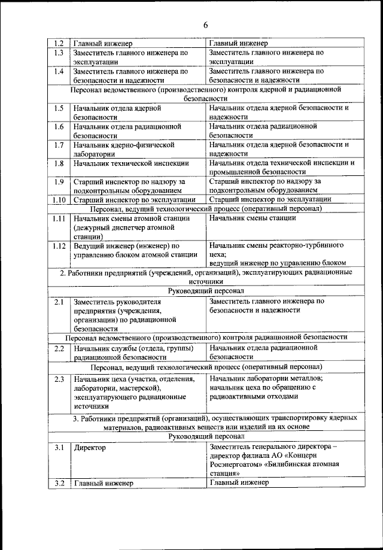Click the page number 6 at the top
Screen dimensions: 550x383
pos(205,25)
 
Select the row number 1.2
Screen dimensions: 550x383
pos(58,44)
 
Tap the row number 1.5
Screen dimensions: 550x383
pos(58,108)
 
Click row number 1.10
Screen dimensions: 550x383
pos(58,199)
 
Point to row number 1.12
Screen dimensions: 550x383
pos(58,245)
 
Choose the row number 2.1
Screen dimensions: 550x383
pos(58,302)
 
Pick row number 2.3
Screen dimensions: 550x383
pos(58,379)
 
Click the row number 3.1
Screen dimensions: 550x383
pos(58,447)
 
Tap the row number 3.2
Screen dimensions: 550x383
pos(58,483)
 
